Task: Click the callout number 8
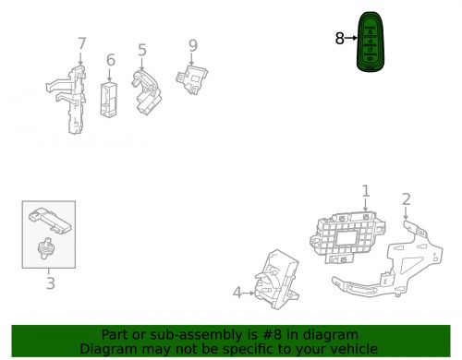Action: click(339, 39)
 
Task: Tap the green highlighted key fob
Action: click(371, 42)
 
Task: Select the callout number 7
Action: click(81, 43)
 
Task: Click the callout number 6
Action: click(111, 60)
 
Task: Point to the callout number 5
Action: click(142, 50)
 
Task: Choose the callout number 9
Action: click(193, 45)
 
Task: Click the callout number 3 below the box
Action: click(51, 283)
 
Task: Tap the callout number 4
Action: click(237, 293)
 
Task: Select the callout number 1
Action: click(365, 191)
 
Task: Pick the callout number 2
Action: click(407, 199)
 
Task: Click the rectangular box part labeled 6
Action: click(109, 100)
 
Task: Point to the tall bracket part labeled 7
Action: click(70, 101)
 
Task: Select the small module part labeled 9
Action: click(192, 78)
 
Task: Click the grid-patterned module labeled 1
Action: click(347, 237)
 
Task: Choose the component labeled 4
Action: click(276, 280)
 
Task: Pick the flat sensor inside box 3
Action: click(50, 221)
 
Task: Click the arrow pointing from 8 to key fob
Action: click(351, 38)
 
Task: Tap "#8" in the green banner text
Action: click(273, 334)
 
